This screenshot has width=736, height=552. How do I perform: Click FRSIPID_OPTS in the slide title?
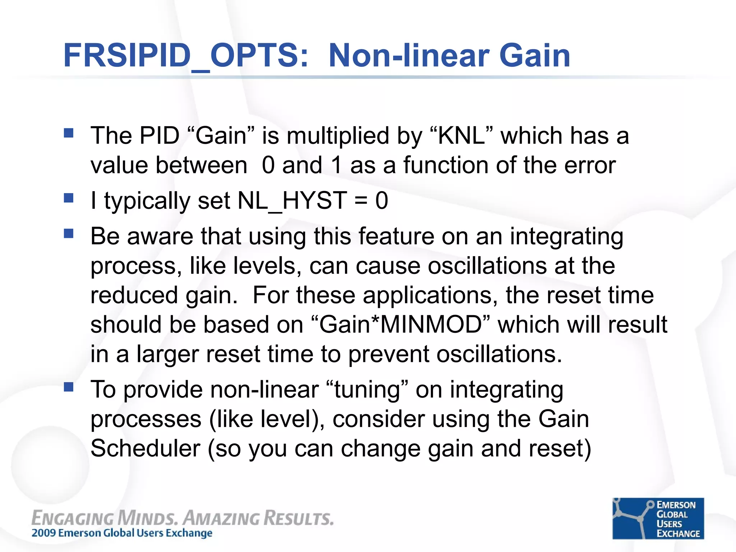coord(185,56)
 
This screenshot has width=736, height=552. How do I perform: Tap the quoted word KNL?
coord(462,136)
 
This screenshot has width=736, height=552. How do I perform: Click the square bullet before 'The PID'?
coord(68,133)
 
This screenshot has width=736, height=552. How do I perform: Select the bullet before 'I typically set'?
coord(68,198)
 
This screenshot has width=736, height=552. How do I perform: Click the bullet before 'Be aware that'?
coord(68,234)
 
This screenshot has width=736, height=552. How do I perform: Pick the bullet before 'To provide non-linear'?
coord(68,387)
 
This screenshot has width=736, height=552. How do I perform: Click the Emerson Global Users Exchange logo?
coord(658,518)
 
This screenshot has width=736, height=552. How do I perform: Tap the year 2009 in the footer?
coord(44,533)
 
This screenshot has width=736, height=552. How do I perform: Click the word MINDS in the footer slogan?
coord(147,519)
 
